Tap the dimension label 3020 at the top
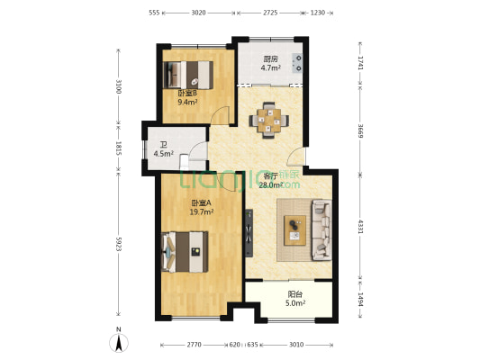tap(198, 13)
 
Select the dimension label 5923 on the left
tap(119, 244)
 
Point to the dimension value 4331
tap(360, 227)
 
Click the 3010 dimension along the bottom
tap(296, 345)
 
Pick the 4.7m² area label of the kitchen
tap(270, 67)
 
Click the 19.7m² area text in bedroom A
tap(202, 211)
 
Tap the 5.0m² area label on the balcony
tap(295, 303)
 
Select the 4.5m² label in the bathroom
tap(164, 153)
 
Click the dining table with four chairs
tap(269, 121)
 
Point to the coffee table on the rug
tap(294, 230)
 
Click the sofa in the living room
tap(322, 230)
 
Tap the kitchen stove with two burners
tap(297, 63)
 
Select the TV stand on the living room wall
tap(249, 233)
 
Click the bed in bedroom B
tap(188, 75)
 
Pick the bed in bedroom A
tap(185, 252)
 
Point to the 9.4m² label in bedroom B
tap(187, 103)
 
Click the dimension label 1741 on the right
tap(360, 63)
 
